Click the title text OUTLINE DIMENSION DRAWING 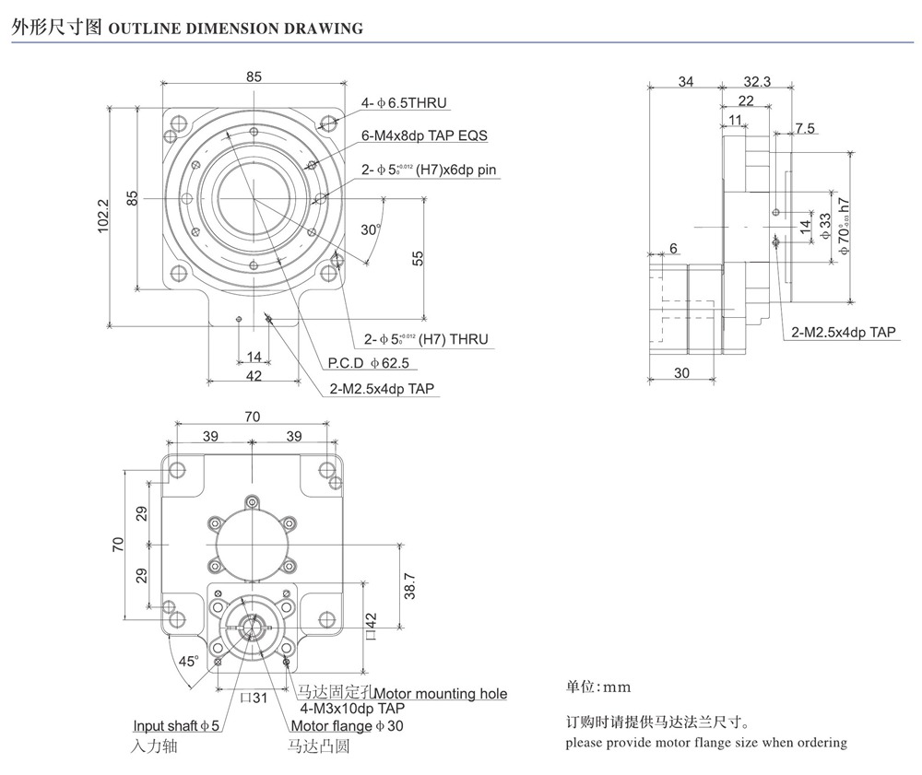(236, 28)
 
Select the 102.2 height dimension (103, 216)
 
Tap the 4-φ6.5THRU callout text (405, 103)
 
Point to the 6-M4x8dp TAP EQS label (424, 135)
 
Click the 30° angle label (370, 229)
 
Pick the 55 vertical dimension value (417, 259)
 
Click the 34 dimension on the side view (685, 81)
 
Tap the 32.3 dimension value (756, 81)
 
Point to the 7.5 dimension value (805, 128)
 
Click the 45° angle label (188, 661)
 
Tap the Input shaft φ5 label (176, 726)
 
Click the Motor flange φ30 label (347, 726)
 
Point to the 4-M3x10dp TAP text (352, 709)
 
